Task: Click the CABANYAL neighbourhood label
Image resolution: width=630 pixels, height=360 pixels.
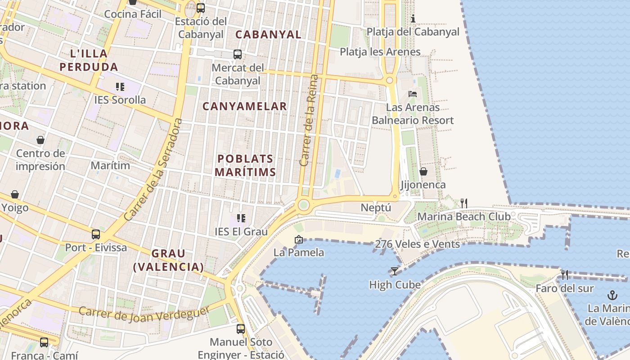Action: pos(268,35)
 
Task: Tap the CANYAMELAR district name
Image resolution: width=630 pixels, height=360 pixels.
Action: pos(244,107)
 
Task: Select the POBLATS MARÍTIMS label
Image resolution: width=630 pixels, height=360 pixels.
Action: pos(245,165)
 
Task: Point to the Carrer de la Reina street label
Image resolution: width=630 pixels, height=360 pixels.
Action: pos(309,121)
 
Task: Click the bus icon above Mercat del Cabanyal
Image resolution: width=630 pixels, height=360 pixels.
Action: pos(238,54)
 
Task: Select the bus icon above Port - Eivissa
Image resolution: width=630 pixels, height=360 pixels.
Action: pos(96,234)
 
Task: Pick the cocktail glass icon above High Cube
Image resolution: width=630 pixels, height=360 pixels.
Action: pos(395,271)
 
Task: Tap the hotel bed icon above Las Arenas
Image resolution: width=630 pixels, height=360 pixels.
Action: pos(413,94)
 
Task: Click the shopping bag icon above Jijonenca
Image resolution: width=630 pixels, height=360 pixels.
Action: pos(423,171)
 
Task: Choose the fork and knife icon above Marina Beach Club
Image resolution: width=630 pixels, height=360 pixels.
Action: pos(464,203)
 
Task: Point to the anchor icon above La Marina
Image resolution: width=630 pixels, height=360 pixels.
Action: pos(612,295)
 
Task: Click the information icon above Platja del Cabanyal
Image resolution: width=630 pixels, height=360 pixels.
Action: pos(413,18)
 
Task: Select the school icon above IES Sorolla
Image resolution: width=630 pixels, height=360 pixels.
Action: pos(120,86)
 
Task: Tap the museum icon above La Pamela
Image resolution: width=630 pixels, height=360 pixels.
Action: pos(298,239)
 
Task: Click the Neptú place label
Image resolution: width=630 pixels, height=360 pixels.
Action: pos(376,208)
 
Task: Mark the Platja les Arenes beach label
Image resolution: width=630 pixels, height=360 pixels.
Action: pos(380,52)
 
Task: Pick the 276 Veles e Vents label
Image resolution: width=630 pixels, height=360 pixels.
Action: pos(417,244)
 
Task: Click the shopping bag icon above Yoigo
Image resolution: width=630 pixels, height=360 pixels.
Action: pos(15,194)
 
